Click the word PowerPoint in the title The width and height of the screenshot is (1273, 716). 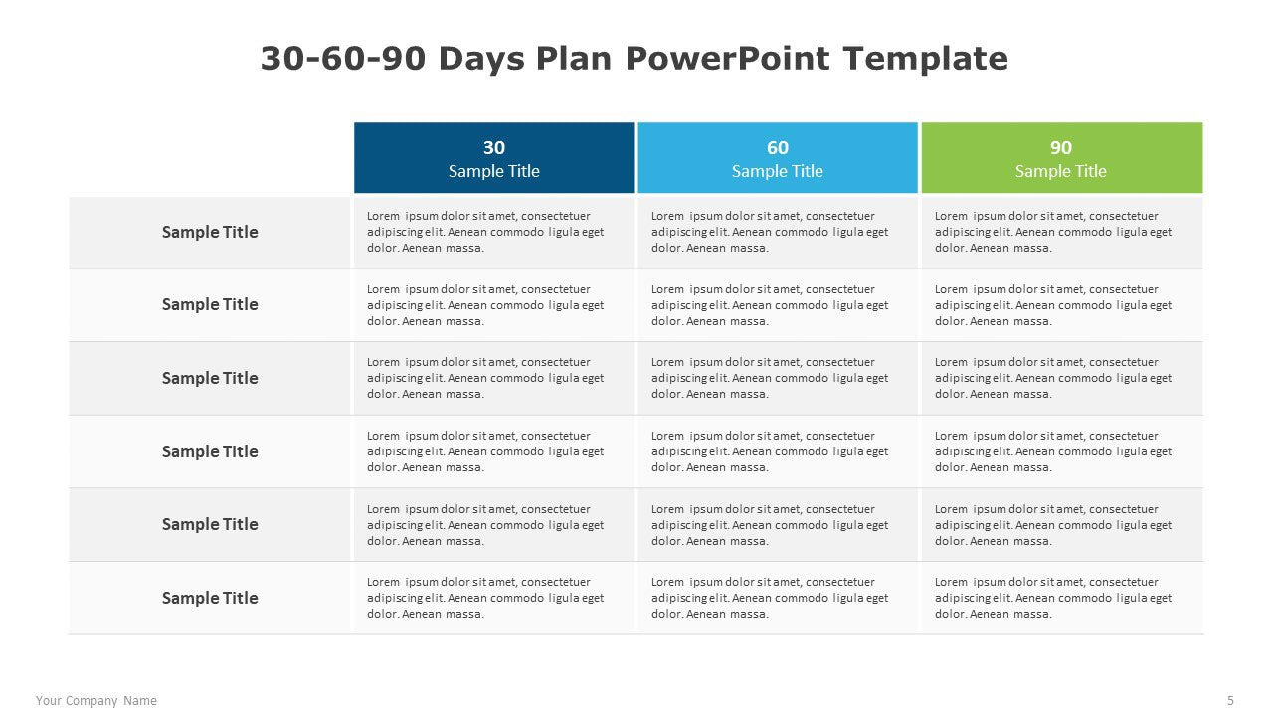point(727,59)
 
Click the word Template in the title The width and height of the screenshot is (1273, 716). point(925,59)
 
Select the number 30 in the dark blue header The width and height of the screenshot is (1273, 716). point(494,148)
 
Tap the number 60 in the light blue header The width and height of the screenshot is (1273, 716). point(778,148)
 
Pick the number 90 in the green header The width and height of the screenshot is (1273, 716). point(1061,148)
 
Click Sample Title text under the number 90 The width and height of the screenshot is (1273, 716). point(1061,171)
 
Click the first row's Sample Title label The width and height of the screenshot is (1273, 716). point(210,232)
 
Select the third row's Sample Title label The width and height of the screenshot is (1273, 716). point(210,378)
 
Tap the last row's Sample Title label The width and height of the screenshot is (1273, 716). point(210,598)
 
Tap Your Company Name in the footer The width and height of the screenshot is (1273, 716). point(96,701)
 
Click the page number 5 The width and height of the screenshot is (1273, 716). point(1230,701)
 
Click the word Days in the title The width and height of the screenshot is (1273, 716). point(481,59)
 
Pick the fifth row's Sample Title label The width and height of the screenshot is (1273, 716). point(210,524)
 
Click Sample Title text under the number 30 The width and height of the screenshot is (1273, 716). point(494,171)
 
